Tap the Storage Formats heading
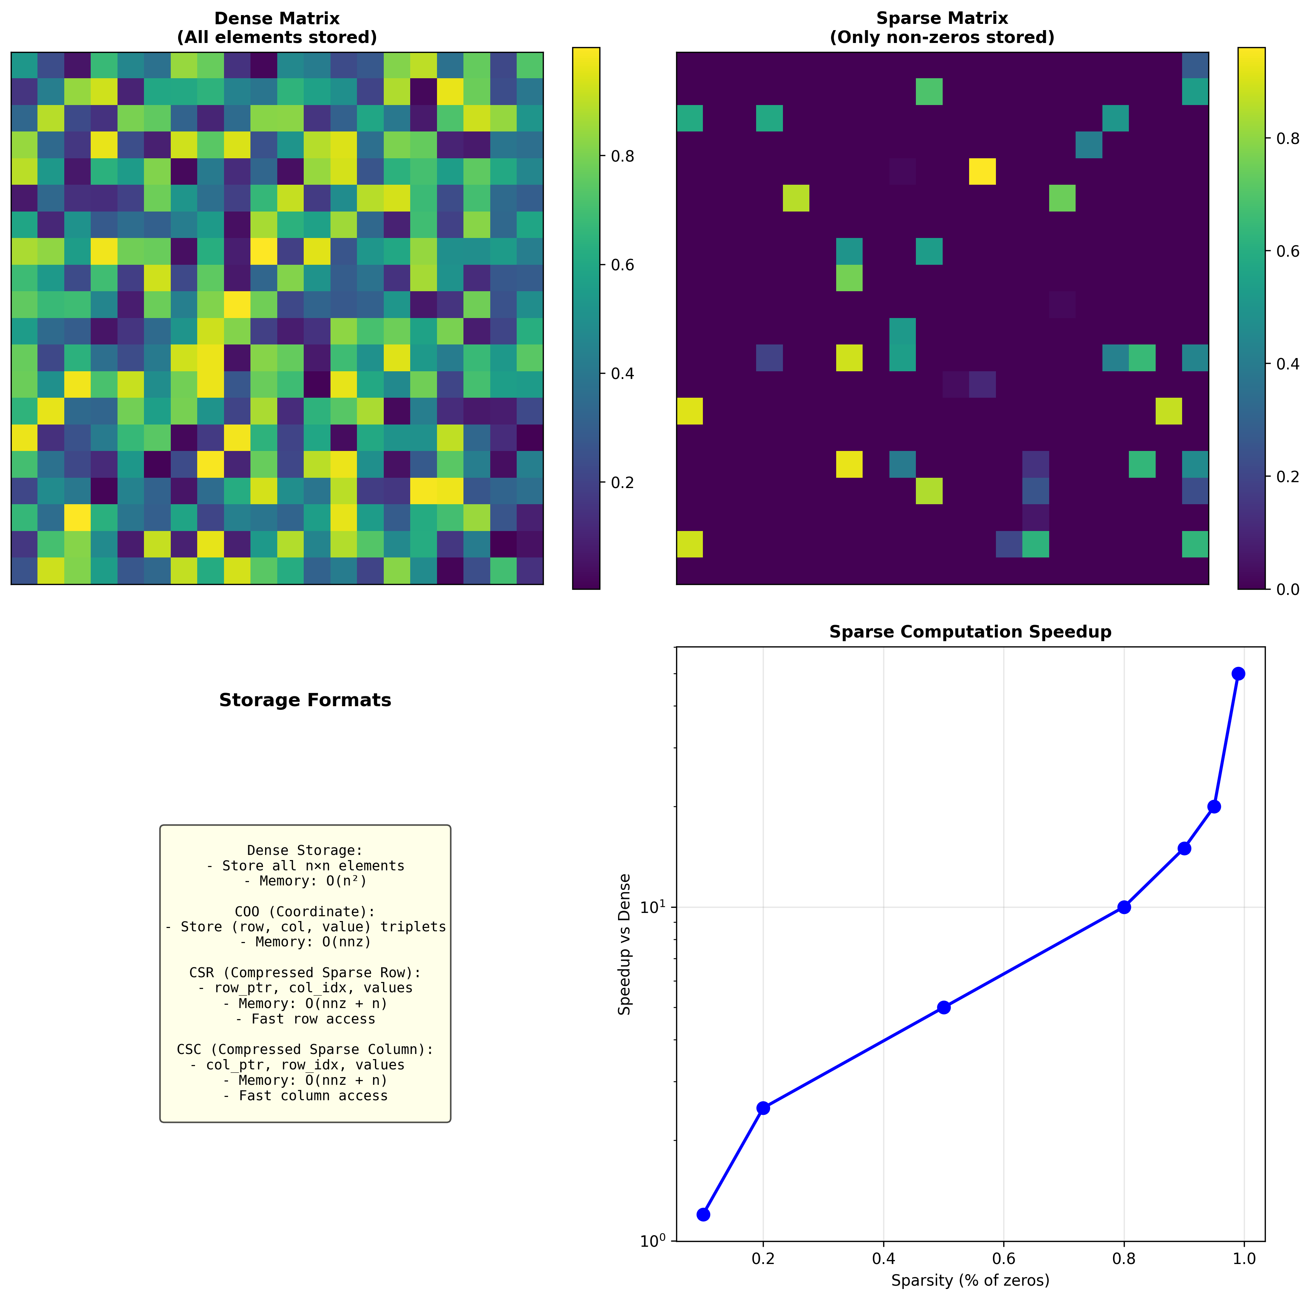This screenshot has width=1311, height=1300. point(305,700)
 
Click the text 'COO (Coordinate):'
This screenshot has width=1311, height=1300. point(305,912)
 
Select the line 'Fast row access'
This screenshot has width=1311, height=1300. point(305,1019)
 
